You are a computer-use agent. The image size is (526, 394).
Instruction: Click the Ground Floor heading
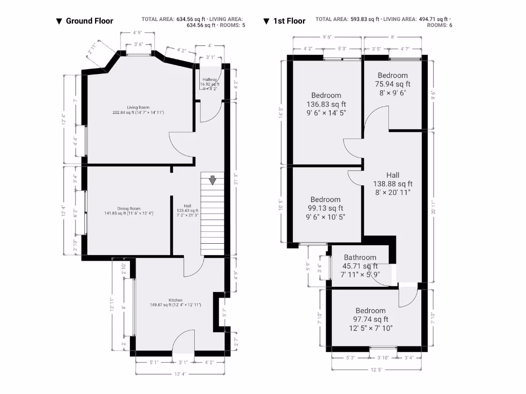[89, 21]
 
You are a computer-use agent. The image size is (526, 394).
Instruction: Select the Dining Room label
[128, 209]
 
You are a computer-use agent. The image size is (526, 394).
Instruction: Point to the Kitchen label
[175, 300]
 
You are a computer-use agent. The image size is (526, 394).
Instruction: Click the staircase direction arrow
[212, 180]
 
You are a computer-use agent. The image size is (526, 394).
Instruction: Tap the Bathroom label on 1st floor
[360, 258]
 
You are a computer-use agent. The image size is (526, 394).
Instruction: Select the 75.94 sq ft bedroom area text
[394, 84]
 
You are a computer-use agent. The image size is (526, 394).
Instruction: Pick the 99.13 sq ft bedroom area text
[325, 208]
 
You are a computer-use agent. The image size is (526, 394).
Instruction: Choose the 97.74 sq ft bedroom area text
[370, 319]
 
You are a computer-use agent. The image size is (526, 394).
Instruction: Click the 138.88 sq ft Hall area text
[392, 184]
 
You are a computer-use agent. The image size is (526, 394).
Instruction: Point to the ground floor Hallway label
[210, 80]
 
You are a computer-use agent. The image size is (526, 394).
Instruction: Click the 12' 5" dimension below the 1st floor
[377, 369]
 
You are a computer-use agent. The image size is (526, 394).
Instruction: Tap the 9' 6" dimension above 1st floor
[327, 37]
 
